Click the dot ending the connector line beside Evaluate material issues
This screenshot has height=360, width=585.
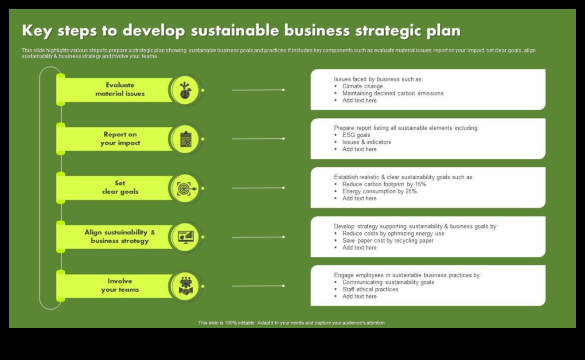tap(283, 90)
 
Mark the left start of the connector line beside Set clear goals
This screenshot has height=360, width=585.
tap(232, 188)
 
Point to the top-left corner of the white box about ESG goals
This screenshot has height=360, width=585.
tap(311, 119)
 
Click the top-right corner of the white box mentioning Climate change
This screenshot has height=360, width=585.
tap(545, 69)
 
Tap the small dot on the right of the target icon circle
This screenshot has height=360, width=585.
tap(203, 188)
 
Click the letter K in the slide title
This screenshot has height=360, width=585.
tap(27, 31)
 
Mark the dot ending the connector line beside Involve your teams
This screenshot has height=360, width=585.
tap(283, 286)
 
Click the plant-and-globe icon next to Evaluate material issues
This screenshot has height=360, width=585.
tap(185, 90)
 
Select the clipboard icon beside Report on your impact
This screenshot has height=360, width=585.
tap(186, 139)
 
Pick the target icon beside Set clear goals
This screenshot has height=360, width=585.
tap(186, 188)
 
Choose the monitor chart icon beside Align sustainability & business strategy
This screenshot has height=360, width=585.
tap(186, 237)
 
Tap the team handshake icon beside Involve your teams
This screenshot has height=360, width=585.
tap(186, 286)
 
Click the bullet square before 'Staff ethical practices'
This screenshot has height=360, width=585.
tap(336, 290)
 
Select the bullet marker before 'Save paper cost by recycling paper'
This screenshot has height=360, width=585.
tap(336, 241)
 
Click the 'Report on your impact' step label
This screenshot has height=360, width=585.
tap(120, 139)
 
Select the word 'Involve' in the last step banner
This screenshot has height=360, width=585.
tap(120, 281)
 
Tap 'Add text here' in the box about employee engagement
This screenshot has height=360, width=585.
tap(359, 297)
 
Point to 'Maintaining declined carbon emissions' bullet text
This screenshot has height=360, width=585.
tap(393, 93)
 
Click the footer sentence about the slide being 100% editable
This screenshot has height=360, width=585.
tap(292, 323)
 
